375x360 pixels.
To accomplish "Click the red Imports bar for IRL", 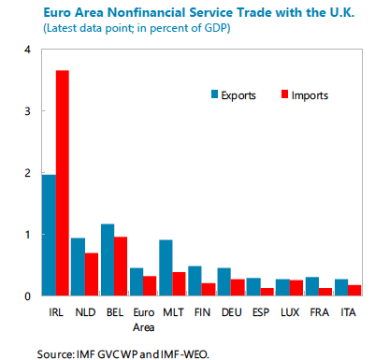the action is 63,183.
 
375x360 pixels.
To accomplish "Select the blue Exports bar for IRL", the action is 49,235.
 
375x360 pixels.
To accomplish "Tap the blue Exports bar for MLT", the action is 166,267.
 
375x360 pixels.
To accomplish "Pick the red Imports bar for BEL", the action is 121,266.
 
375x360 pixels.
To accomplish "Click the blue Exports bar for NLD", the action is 78,266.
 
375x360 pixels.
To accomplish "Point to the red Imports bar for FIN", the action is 209,289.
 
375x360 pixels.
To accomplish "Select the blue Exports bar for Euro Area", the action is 137,281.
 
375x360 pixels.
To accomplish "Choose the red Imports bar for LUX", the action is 296,288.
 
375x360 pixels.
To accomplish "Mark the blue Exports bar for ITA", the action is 341,287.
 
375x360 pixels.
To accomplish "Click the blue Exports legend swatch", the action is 214,94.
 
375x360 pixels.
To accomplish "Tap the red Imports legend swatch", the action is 284,94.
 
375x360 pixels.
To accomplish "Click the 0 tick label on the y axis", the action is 27,296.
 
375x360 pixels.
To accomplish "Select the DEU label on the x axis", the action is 231,312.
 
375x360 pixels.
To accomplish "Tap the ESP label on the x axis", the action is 261,312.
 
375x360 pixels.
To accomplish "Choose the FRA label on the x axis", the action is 319,312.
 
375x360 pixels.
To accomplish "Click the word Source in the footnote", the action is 55,354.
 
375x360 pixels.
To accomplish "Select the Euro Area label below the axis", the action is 144,320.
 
